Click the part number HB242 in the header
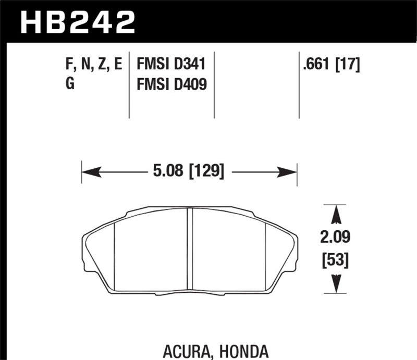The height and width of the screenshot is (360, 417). [x=77, y=21]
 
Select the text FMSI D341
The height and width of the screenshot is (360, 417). [x=171, y=65]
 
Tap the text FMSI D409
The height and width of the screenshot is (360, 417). [x=171, y=83]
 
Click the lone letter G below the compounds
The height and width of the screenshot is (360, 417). [x=70, y=83]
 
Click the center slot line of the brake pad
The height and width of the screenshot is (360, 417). [x=190, y=250]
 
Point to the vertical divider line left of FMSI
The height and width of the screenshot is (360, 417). [x=129, y=86]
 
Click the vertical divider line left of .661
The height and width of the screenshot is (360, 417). [x=299, y=86]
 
